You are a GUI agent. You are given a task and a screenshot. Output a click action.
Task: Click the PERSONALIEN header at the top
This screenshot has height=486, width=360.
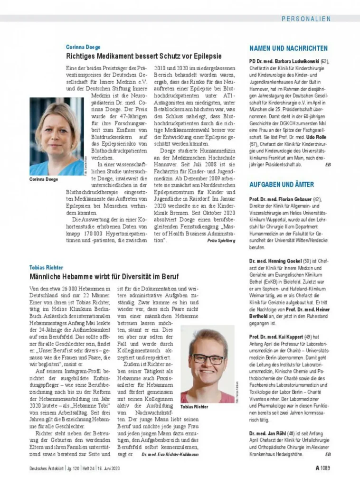(x=306, y=19)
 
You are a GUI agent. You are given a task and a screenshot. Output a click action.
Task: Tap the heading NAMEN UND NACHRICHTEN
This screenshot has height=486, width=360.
(x=288, y=48)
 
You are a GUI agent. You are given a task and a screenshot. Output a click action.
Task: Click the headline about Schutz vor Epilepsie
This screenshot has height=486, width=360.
(x=143, y=56)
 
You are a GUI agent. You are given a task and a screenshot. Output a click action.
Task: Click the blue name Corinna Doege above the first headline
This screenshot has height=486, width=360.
(x=83, y=47)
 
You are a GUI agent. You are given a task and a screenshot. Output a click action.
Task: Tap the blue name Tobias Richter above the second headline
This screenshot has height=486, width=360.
(x=46, y=268)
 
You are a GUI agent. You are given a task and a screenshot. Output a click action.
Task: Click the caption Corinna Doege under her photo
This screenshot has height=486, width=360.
(x=44, y=179)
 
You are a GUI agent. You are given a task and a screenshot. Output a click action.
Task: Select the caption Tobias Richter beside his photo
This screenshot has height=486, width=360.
(x=194, y=407)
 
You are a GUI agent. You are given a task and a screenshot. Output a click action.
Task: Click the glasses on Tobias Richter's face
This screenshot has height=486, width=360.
(x=207, y=359)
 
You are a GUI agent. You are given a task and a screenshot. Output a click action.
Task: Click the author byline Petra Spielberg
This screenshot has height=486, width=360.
(x=221, y=241)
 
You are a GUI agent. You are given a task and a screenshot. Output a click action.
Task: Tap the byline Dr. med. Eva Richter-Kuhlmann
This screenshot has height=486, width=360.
(x=170, y=455)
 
